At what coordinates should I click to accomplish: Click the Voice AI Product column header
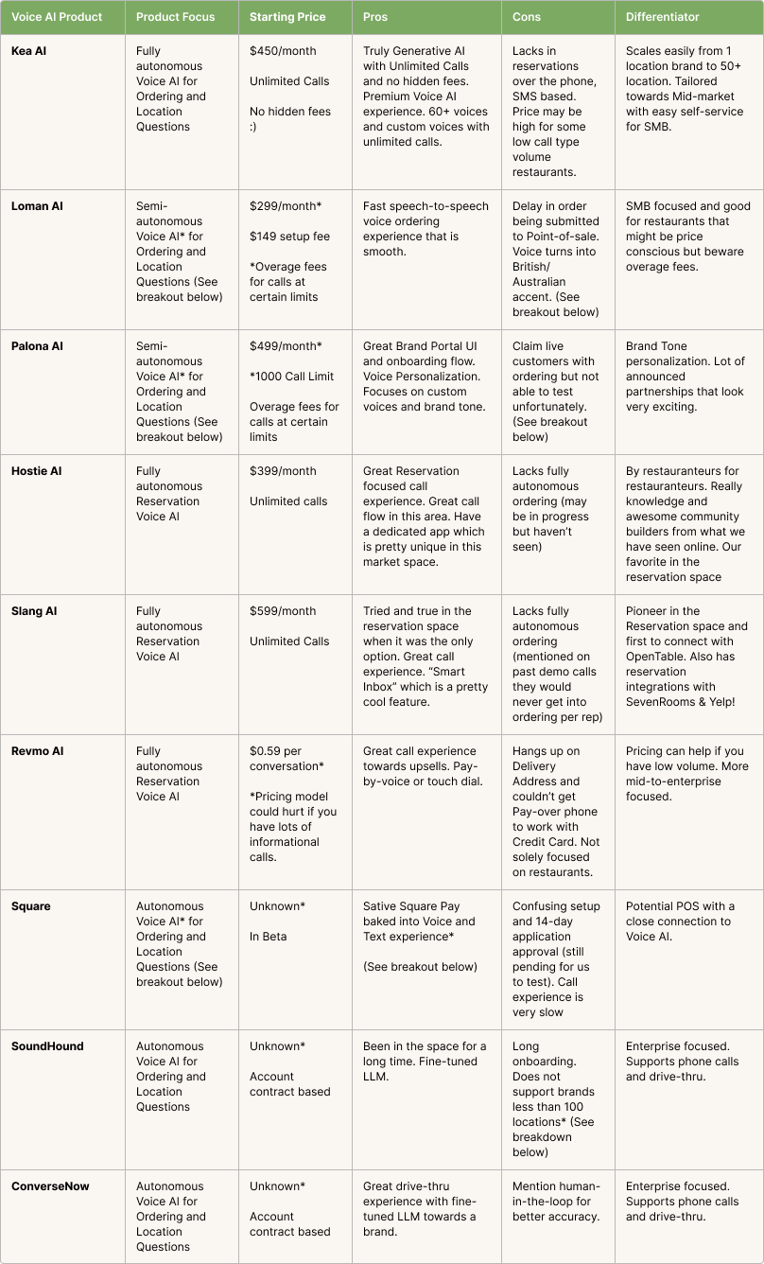click(x=57, y=17)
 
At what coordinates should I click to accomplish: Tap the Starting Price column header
click(x=286, y=17)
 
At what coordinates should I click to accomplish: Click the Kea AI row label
click(x=28, y=51)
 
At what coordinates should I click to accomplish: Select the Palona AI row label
click(x=37, y=346)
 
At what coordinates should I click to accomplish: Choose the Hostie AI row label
click(x=36, y=471)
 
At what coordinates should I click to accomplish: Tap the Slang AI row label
click(x=34, y=611)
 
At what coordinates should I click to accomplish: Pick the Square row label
click(x=31, y=906)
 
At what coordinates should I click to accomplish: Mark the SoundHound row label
click(x=47, y=1046)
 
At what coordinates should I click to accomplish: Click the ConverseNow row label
click(x=50, y=1186)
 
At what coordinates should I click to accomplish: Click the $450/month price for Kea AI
click(x=283, y=51)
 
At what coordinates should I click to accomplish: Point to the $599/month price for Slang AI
click(x=283, y=611)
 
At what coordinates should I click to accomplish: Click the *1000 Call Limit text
click(x=291, y=377)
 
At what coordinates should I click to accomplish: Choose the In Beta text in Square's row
click(x=268, y=937)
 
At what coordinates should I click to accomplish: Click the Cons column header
click(x=527, y=17)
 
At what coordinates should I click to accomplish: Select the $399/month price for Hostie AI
click(x=283, y=471)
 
